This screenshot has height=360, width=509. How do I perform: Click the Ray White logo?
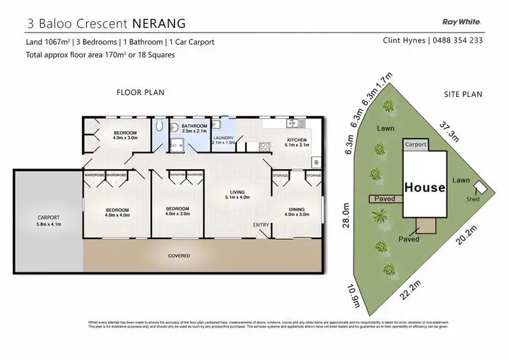pos(462,20)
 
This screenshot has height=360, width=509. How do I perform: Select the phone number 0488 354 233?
pos(459,41)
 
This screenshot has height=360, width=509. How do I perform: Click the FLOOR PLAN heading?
pos(140,92)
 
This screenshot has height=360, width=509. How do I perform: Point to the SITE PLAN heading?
pos(464,94)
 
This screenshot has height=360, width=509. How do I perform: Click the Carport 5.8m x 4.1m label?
pos(48,221)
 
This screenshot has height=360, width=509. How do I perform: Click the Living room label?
pos(238,197)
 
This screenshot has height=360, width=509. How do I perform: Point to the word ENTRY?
pos(261,225)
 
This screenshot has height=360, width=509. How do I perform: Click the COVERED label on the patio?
pos(180,256)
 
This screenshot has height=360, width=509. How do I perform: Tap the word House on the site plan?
pos(424,186)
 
